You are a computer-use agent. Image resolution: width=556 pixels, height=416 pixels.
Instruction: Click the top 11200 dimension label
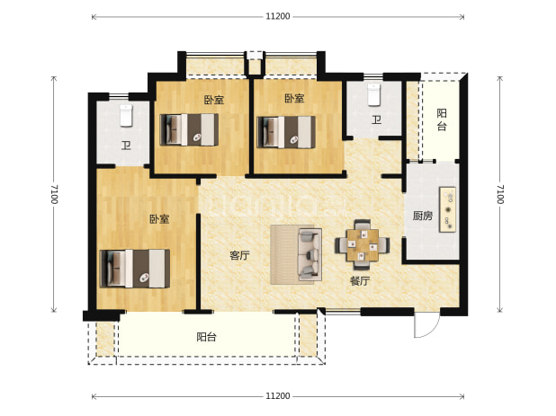click(x=278, y=16)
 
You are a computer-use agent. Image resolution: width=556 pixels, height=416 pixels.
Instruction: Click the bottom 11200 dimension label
click(x=278, y=396)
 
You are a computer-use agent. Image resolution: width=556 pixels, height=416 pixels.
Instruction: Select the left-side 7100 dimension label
click(x=54, y=194)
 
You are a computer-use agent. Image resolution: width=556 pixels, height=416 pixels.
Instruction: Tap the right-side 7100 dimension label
click(x=499, y=194)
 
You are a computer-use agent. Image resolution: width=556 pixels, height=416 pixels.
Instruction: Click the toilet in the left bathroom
click(x=126, y=115)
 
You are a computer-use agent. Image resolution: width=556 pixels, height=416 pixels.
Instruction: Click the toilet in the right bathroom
click(x=373, y=94)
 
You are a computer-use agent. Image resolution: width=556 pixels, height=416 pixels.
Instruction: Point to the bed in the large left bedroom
click(x=135, y=269)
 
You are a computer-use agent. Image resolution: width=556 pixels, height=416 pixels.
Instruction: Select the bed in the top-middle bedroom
click(x=189, y=129)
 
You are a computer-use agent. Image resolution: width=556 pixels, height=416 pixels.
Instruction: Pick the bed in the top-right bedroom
click(x=286, y=132)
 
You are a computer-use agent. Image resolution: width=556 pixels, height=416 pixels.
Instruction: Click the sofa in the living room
click(x=309, y=254)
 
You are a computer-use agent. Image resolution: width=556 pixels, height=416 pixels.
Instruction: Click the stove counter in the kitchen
click(x=447, y=209)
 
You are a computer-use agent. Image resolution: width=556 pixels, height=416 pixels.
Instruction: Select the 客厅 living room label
click(x=239, y=255)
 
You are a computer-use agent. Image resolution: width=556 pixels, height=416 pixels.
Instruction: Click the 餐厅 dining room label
click(x=360, y=281)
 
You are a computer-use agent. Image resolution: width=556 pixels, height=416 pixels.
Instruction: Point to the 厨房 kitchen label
click(x=423, y=216)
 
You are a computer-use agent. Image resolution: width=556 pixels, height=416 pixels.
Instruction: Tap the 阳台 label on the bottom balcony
click(x=206, y=337)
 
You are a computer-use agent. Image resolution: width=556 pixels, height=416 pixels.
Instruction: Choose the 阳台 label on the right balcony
click(x=442, y=119)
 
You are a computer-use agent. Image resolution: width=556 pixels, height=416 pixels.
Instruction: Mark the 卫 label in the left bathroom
click(x=126, y=146)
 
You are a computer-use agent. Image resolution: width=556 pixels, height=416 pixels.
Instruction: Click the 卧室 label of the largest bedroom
click(x=159, y=219)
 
